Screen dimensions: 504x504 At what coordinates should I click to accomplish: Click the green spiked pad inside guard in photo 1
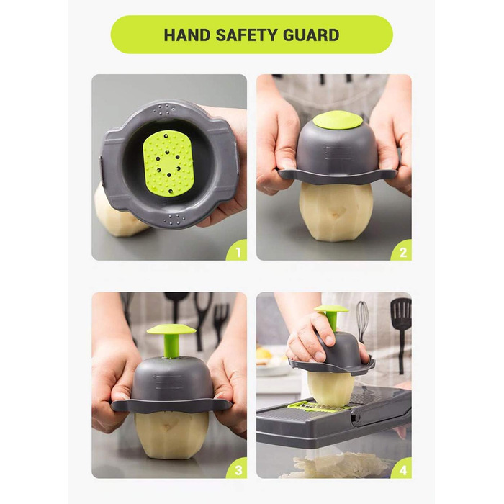(x=168, y=163)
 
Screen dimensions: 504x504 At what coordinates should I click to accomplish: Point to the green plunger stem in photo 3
(x=170, y=346)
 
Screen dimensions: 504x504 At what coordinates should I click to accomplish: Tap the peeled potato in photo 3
(x=171, y=436)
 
